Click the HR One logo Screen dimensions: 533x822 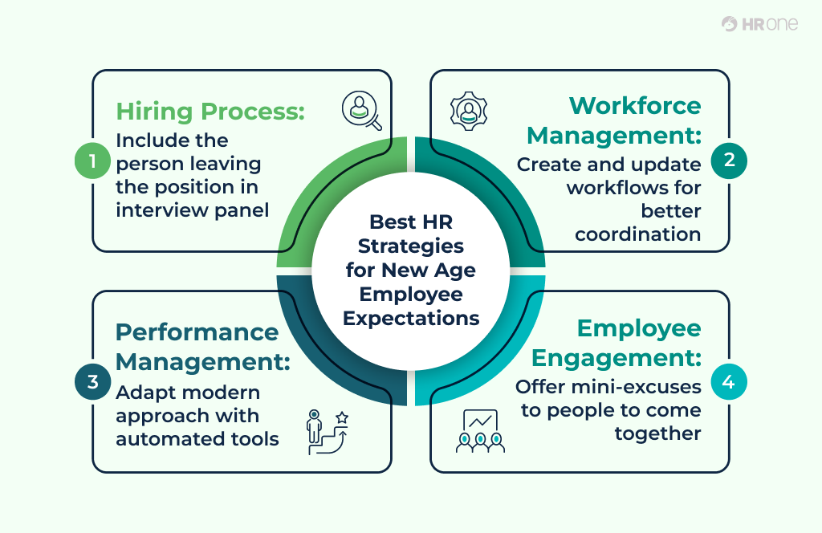point(759,24)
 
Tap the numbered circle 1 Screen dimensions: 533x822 point(93,161)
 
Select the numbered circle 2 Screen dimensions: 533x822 point(729,159)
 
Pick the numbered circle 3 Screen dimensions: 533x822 point(93,381)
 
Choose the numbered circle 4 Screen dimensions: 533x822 point(729,382)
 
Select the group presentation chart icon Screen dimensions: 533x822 point(480,432)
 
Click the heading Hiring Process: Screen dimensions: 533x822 point(211,111)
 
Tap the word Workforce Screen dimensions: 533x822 point(635,105)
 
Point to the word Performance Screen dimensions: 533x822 point(197,332)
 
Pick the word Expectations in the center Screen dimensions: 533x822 point(411,318)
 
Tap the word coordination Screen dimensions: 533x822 point(638,234)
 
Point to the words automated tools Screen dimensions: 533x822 point(197,439)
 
